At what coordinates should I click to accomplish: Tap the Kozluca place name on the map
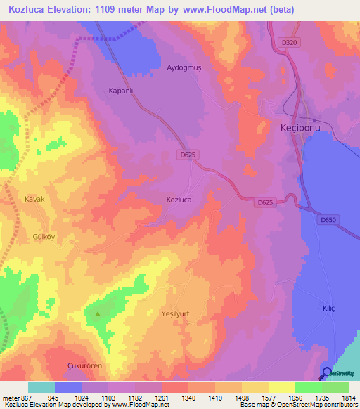click(179, 200)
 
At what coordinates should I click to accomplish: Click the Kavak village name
click(34, 200)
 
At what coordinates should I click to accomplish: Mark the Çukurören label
click(85, 367)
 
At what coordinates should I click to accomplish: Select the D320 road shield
click(289, 43)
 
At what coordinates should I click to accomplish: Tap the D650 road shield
click(328, 220)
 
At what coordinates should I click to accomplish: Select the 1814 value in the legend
click(349, 397)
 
